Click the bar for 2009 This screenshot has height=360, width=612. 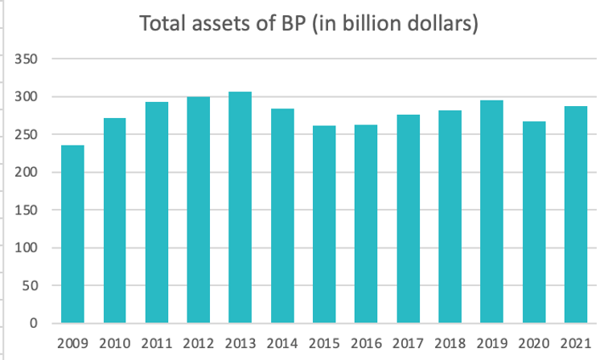(72, 235)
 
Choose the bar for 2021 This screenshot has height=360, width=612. (574, 215)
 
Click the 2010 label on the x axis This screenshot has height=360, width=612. (114, 343)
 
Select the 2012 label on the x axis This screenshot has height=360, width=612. (198, 343)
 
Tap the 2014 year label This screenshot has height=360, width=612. (281, 343)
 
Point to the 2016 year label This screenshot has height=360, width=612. (365, 343)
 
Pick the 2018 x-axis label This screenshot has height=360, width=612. (449, 343)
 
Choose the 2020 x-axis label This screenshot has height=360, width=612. (532, 343)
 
